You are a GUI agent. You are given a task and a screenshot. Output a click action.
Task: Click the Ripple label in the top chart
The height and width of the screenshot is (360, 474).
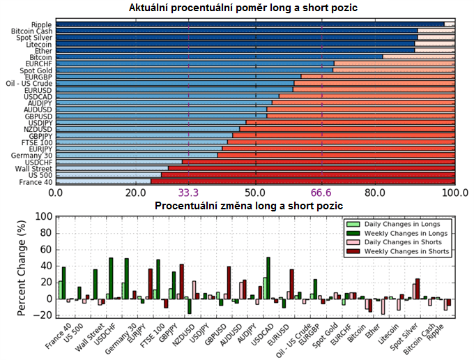(x=40, y=24)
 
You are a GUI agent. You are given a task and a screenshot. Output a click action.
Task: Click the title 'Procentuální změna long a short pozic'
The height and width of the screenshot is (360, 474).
(x=249, y=207)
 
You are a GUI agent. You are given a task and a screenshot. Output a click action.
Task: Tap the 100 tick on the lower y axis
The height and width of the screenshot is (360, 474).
(x=43, y=217)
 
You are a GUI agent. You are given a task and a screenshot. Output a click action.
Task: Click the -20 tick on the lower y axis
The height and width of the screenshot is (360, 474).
(x=43, y=315)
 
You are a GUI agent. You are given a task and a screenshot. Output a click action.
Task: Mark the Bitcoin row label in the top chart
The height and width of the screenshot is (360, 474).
(x=40, y=57)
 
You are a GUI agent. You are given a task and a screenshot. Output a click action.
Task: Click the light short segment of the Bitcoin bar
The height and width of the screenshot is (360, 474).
(x=418, y=57)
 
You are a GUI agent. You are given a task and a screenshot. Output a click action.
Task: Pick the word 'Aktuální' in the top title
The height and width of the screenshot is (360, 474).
(x=151, y=8)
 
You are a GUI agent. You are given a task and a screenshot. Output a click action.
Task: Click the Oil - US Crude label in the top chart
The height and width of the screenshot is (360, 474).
(x=29, y=84)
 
